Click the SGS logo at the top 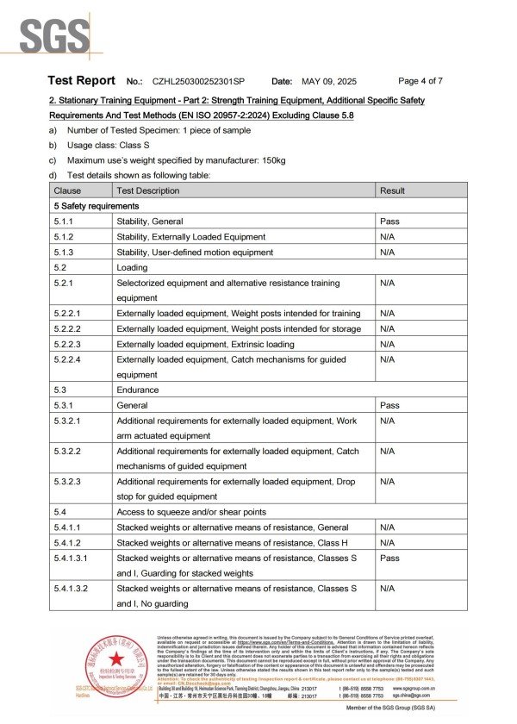coord(53,36)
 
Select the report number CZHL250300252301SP coord(198,81)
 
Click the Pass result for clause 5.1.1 coord(389,222)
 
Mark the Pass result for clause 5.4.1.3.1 coord(389,558)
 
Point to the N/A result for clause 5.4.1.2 coord(388,542)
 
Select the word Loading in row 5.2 coord(133,267)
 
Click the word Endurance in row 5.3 coord(138,390)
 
